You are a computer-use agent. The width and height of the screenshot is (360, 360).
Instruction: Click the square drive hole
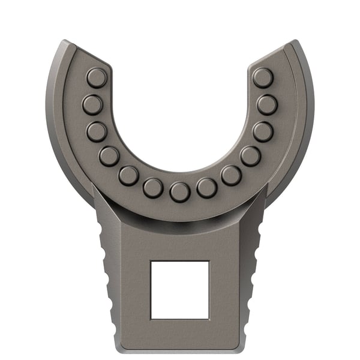(179, 290)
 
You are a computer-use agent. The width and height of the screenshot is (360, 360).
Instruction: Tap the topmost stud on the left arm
(96, 77)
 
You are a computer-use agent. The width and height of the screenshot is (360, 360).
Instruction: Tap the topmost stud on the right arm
(262, 77)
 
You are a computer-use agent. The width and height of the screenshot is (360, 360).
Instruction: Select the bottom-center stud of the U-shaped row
(179, 192)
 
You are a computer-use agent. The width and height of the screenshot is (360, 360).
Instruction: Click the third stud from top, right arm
(262, 131)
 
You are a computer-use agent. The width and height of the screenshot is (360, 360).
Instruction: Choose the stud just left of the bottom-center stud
(153, 188)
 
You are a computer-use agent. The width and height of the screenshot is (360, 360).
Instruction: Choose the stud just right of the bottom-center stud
(206, 188)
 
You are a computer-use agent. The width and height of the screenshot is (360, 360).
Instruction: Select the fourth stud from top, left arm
(109, 156)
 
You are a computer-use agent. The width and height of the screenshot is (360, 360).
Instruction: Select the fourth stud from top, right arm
(250, 156)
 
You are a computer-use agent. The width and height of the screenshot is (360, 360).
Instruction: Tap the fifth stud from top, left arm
(128, 175)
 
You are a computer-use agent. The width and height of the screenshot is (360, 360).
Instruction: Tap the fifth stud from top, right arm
(231, 175)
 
